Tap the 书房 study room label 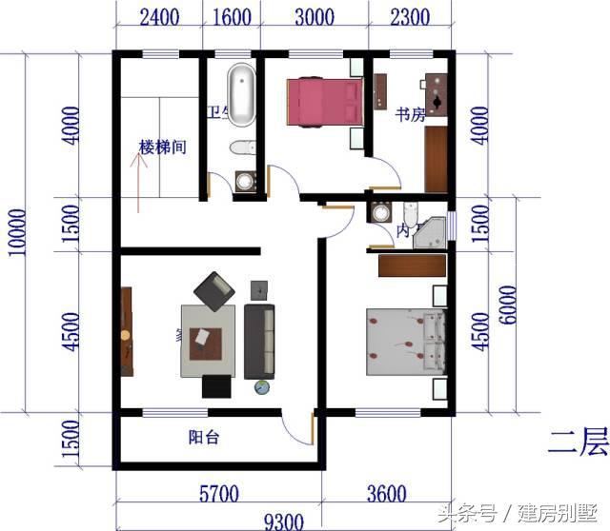[x=410, y=115]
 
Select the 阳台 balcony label [x=204, y=438]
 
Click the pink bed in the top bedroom [x=324, y=101]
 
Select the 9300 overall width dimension [x=283, y=521]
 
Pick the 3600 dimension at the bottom [x=385, y=493]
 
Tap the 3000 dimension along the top [x=312, y=17]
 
